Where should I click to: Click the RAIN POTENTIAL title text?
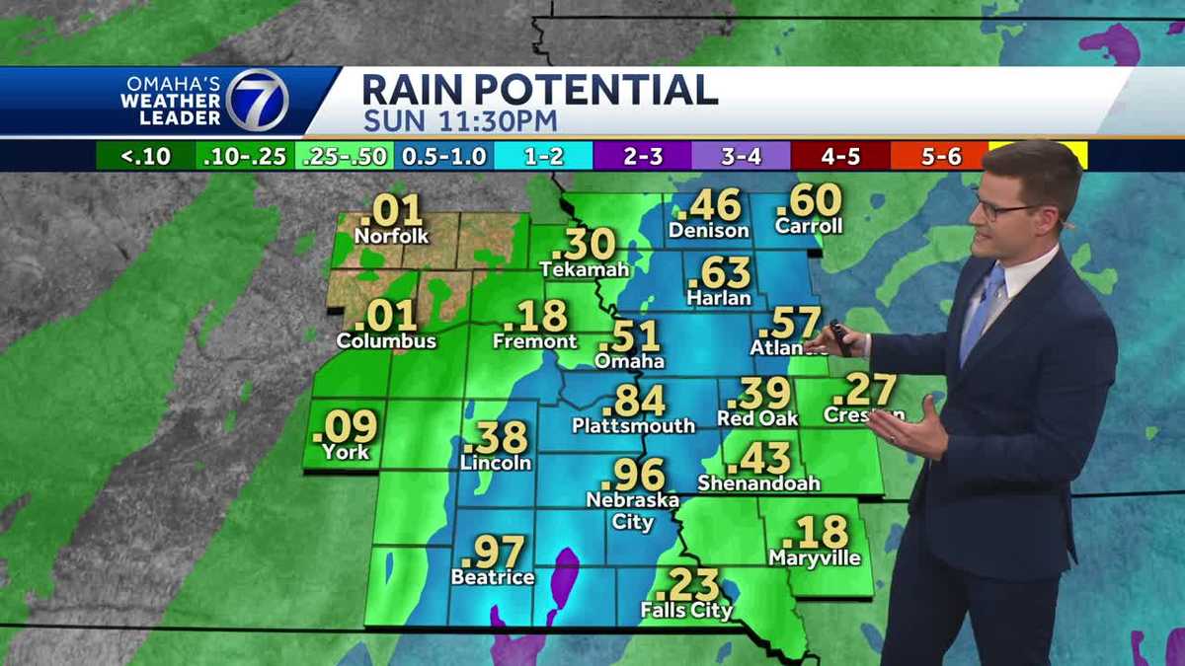[x=539, y=90]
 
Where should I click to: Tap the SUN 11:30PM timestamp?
[x=459, y=122]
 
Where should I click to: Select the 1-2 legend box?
[x=542, y=156]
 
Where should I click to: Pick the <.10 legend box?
[x=145, y=156]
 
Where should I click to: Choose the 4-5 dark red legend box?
[x=839, y=156]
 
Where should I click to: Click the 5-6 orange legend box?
[x=937, y=156]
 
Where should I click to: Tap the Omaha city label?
[x=629, y=361]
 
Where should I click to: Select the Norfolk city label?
[x=391, y=237]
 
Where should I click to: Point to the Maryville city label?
[x=815, y=558]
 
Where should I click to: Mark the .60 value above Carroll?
[x=809, y=201]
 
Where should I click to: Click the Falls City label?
[x=686, y=611]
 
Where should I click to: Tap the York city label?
[x=345, y=452]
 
